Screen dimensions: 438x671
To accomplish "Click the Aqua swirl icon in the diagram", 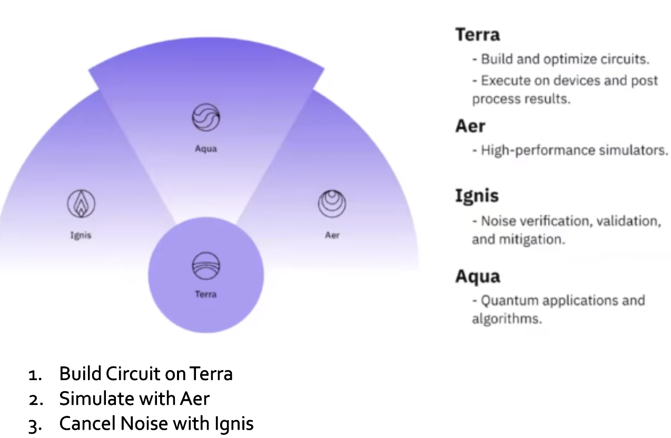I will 205,117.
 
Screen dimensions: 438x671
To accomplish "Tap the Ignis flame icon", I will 81,204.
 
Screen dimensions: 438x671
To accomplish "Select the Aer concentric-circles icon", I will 332,204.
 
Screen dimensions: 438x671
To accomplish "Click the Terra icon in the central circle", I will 205,265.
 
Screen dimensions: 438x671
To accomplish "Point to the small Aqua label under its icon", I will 205,149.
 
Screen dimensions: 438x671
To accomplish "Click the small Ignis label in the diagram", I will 81,235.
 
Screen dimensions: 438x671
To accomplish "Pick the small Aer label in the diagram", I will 332,235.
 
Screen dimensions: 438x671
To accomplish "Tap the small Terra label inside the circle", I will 205,294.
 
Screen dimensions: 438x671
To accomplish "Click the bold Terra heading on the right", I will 478,35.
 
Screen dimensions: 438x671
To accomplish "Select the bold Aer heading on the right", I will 470,126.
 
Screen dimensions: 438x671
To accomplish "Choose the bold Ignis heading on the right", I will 477,196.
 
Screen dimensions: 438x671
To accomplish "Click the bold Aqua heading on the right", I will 478,276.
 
